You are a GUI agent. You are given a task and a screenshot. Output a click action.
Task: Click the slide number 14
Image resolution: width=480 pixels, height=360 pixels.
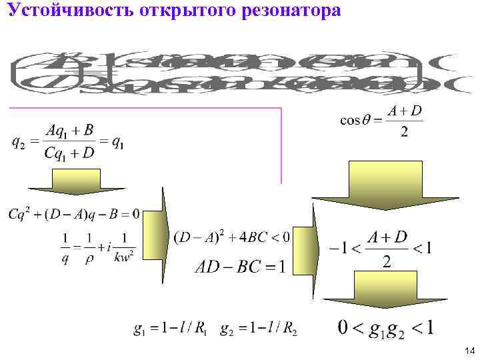pyautogui.click(x=469, y=351)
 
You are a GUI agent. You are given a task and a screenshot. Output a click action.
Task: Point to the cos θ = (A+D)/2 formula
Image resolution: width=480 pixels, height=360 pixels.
pyautogui.click(x=381, y=121)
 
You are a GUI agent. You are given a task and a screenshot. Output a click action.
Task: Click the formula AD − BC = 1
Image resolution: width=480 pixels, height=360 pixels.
pyautogui.click(x=240, y=267)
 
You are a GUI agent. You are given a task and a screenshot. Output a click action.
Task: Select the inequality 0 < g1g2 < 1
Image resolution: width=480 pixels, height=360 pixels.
pyautogui.click(x=386, y=328)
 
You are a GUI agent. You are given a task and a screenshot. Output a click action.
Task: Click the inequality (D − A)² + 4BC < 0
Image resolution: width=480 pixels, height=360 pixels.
pyautogui.click(x=231, y=237)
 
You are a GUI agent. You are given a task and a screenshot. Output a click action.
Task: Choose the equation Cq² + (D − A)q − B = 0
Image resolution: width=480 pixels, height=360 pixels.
pyautogui.click(x=74, y=214)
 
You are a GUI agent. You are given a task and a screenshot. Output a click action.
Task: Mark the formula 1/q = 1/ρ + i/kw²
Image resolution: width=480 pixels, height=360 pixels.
pyautogui.click(x=97, y=248)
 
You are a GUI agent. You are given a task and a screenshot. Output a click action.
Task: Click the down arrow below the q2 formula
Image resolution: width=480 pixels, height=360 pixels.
pyautogui.click(x=75, y=181)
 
